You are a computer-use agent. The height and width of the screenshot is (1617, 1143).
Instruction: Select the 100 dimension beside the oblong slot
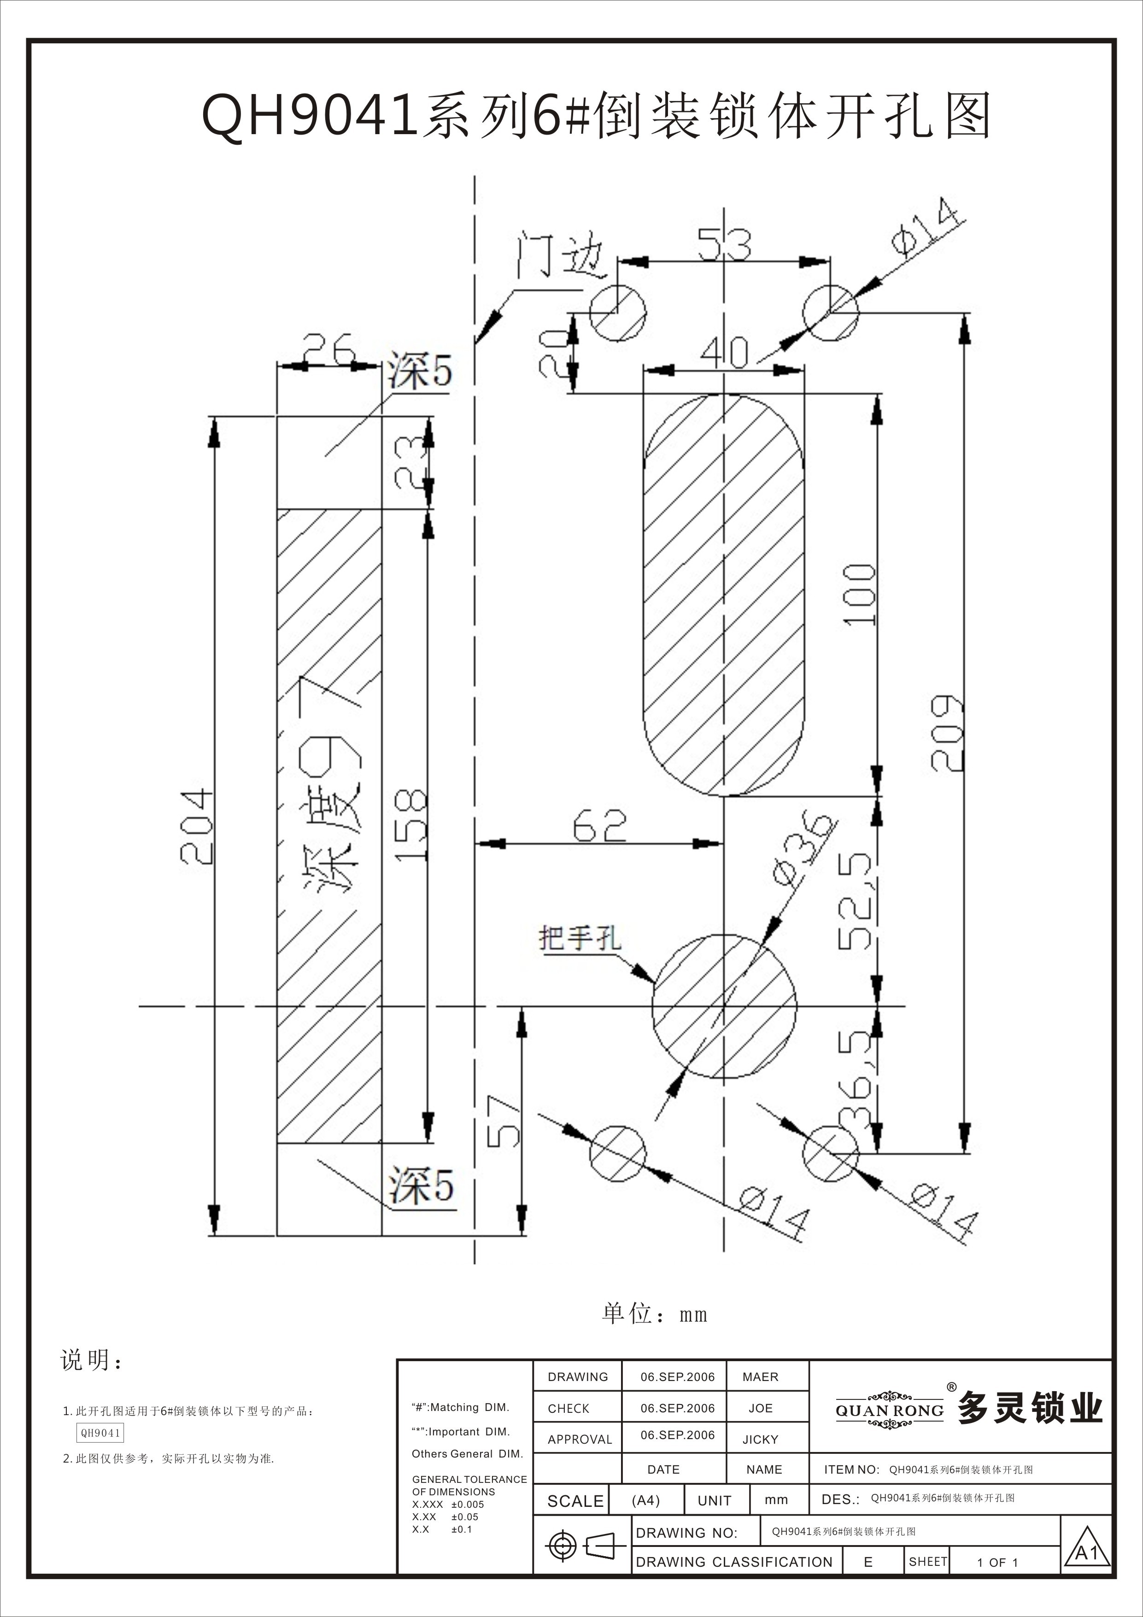click(x=860, y=595)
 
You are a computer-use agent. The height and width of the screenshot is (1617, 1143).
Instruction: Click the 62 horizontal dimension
click(x=600, y=826)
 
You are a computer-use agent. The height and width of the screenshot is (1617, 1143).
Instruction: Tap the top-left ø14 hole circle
click(x=617, y=312)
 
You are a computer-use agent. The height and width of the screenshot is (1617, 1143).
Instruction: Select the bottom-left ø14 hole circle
click(x=617, y=1154)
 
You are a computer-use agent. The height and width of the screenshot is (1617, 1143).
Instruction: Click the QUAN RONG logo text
click(x=890, y=1410)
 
